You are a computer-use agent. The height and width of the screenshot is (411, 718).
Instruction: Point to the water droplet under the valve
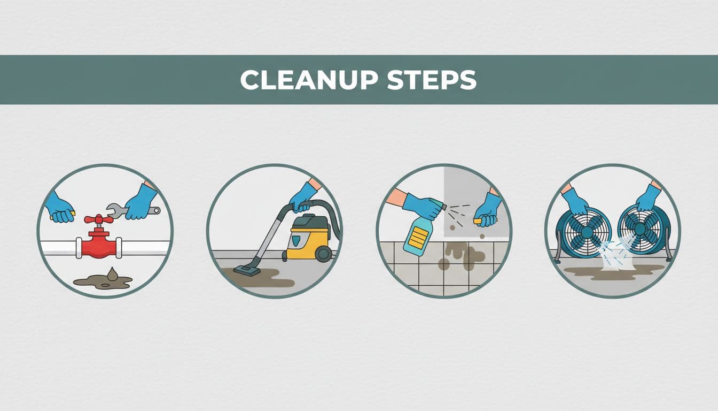(112, 274)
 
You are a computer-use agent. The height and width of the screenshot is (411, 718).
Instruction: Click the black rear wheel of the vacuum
(323, 254)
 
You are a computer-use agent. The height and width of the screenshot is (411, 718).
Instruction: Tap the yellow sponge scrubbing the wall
(477, 220)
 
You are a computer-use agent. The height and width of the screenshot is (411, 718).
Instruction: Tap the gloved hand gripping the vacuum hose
(303, 197)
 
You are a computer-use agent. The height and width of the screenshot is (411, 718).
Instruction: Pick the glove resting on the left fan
(575, 201)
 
